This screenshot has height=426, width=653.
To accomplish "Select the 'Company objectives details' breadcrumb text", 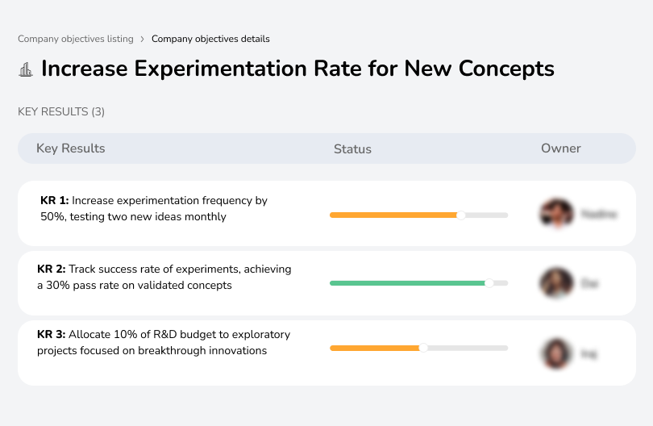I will point(210,39).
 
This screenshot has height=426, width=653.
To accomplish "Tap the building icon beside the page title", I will point(26,69).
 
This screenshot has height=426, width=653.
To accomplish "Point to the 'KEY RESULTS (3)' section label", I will point(61,111).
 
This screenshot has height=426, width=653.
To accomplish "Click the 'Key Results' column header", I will point(70,148).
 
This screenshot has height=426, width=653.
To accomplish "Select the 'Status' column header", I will point(352,149).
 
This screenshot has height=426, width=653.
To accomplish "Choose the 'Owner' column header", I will point(561,148).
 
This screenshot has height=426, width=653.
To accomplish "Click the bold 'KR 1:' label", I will point(55,200).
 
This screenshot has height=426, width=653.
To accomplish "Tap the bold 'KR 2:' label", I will point(52,269).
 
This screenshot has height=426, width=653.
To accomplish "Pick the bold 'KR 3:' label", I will point(52,334).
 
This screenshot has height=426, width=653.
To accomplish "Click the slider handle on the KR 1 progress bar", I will point(461,215).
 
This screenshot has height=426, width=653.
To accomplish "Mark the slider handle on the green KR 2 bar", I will point(489,283).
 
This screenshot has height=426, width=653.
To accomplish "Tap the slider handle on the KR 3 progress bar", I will point(423,348).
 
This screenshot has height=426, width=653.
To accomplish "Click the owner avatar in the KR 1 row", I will point(556,214).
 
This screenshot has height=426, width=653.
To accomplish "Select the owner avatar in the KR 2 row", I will point(556,283).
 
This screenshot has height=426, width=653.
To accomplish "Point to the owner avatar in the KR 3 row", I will point(556,353).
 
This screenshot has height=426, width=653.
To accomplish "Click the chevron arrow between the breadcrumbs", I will point(143,39).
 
